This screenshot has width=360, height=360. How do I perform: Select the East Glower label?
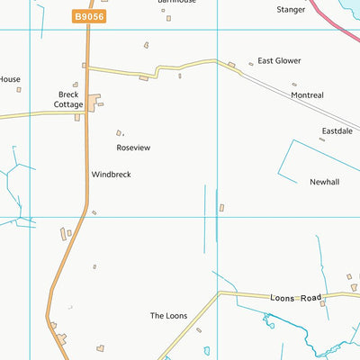[279, 61]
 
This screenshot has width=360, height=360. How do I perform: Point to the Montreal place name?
[307, 94]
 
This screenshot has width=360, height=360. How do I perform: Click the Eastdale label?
[337, 131]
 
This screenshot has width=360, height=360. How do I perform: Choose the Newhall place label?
[325, 182]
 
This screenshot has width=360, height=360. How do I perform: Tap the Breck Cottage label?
[68, 99]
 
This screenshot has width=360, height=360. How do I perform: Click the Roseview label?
[132, 148]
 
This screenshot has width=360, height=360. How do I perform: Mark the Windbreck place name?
[111, 175]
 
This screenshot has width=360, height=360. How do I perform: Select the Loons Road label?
[295, 297]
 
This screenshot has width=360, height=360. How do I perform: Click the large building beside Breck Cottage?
[92, 103]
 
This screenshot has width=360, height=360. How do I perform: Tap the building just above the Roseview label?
[119, 133]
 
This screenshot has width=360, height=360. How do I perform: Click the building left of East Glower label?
[231, 64]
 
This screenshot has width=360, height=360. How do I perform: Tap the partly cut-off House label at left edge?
[9, 79]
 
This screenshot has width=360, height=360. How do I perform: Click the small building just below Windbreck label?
[94, 212]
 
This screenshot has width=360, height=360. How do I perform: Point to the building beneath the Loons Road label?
[323, 304]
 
